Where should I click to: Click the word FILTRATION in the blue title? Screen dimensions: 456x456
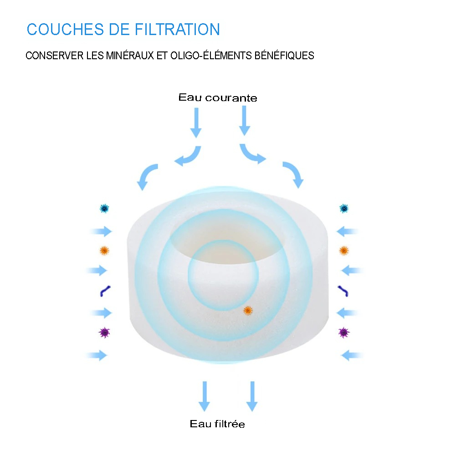point(177,29)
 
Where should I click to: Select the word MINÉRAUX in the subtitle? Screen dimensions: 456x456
point(130,55)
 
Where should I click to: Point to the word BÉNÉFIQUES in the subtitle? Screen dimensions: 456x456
point(284,55)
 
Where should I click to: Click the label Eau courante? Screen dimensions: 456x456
point(218,97)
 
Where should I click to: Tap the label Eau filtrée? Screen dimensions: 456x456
point(217,424)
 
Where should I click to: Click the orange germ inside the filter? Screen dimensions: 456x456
point(248,311)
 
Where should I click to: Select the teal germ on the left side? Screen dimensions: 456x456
point(104,209)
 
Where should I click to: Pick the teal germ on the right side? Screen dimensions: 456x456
point(344,209)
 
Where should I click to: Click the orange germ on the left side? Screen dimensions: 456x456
point(104,251)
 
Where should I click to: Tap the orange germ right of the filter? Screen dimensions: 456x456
point(344,251)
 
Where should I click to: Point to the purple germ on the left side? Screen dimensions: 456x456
point(104,333)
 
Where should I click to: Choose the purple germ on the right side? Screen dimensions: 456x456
point(344,333)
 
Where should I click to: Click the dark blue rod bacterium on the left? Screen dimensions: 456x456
point(105,291)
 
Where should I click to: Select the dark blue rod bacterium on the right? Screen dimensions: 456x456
point(343,291)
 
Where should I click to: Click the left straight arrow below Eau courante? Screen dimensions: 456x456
point(196,123)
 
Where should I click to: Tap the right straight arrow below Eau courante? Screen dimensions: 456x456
point(244,121)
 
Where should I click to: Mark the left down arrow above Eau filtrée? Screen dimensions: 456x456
point(205,396)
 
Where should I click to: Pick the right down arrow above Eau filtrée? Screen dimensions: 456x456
point(252,396)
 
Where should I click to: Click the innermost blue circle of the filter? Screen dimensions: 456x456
point(223,275)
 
